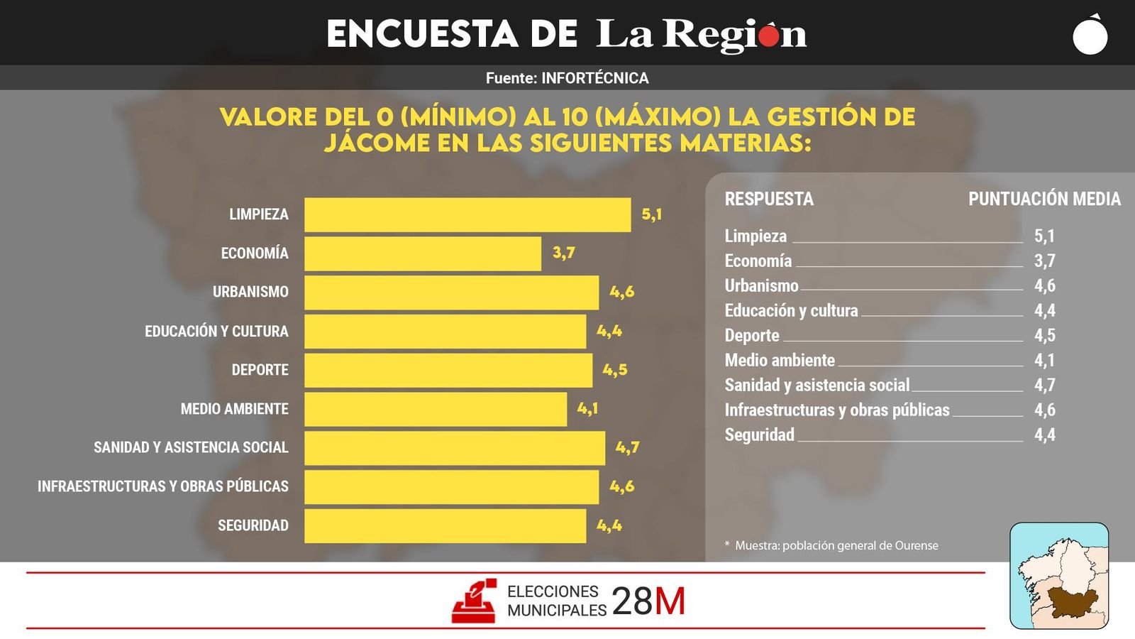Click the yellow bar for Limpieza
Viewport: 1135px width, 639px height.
(467, 214)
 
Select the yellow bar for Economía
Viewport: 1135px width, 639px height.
(422, 253)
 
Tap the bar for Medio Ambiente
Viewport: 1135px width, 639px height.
(435, 409)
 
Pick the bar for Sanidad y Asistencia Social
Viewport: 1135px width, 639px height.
(454, 448)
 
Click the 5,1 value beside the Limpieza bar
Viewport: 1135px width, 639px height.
(651, 214)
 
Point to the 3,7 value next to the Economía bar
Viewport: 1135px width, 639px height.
(563, 253)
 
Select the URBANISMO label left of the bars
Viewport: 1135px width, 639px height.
(250, 292)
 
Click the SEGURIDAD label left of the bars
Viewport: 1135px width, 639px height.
(253, 525)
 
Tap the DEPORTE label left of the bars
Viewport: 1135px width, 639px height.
(260, 370)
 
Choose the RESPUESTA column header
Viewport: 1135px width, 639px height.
(768, 199)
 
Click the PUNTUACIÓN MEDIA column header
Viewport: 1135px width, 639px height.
(1044, 199)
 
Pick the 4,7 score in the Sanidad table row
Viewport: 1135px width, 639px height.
(1044, 385)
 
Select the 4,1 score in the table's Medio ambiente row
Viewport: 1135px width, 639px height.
(1044, 360)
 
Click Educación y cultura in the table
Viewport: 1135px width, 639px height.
(791, 310)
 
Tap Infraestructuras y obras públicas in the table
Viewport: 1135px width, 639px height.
(836, 410)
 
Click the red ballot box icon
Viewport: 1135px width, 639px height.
(474, 601)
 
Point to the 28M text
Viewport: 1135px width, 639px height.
(648, 601)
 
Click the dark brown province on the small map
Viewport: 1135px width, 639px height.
(1073, 601)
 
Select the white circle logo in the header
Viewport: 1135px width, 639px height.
(1090, 37)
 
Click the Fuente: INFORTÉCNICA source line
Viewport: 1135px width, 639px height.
(567, 78)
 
